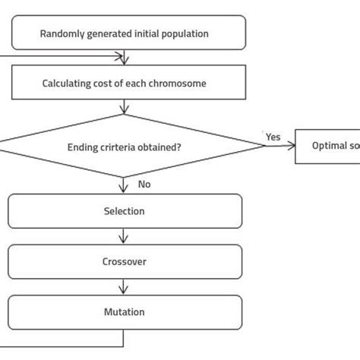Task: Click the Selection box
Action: (x=125, y=211)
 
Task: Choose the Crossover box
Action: (x=125, y=261)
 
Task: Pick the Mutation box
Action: (x=125, y=311)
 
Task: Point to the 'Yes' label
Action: (x=273, y=137)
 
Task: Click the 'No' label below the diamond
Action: (x=144, y=185)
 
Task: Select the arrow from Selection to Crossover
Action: (x=124, y=236)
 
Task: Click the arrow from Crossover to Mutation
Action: (x=124, y=286)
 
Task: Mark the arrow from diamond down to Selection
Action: (x=124, y=185)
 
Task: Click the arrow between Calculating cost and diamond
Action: (x=124, y=107)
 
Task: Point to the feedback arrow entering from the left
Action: (x=61, y=56)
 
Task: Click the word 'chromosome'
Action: (x=180, y=83)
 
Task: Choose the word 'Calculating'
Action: (x=65, y=83)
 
